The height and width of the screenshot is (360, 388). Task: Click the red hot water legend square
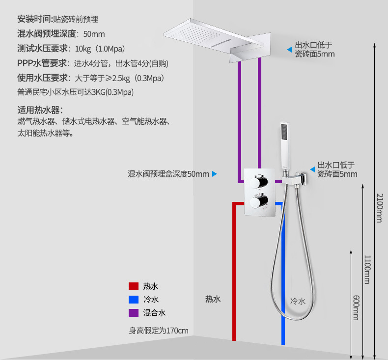click(x=133, y=286)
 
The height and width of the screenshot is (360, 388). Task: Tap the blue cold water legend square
click(x=133, y=300)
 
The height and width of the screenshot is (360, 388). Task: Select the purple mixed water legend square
click(x=133, y=313)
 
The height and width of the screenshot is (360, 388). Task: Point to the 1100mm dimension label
click(x=366, y=269)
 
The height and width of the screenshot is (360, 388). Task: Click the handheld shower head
click(x=284, y=145)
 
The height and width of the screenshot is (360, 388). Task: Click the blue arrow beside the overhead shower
click(x=289, y=49)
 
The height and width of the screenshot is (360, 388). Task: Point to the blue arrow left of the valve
click(x=215, y=174)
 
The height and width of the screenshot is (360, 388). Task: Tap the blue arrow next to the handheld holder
click(x=312, y=169)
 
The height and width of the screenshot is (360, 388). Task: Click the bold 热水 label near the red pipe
click(x=213, y=299)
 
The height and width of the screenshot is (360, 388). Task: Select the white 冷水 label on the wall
click(x=298, y=301)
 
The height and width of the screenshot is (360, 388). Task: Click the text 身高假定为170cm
click(x=159, y=331)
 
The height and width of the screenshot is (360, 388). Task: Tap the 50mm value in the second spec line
click(x=94, y=34)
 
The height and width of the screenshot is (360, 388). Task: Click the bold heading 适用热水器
click(x=40, y=110)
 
